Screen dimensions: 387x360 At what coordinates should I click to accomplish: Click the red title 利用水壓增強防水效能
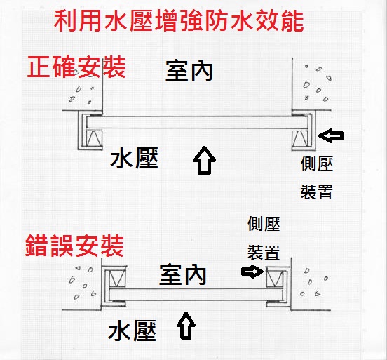pyautogui.click(x=179, y=21)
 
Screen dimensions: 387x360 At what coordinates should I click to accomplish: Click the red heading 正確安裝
pyautogui.click(x=76, y=67)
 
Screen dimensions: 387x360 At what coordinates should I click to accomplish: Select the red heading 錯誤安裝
pyautogui.click(x=74, y=246)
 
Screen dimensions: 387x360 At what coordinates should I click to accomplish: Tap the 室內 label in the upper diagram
pyautogui.click(x=189, y=71)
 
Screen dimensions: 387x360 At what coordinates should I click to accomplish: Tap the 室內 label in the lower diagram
pyautogui.click(x=183, y=274)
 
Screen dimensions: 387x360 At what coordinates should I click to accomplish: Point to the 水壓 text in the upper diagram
pyautogui.click(x=135, y=158)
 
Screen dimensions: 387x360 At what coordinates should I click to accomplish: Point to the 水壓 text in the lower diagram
pyautogui.click(x=133, y=331)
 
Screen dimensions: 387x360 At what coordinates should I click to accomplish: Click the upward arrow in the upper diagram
pyautogui.click(x=204, y=160)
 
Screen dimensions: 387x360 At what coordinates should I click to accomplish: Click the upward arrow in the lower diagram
pyautogui.click(x=186, y=326)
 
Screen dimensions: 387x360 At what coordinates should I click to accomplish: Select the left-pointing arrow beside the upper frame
pyautogui.click(x=331, y=135)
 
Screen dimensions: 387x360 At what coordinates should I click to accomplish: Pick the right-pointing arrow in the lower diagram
pyautogui.click(x=252, y=272)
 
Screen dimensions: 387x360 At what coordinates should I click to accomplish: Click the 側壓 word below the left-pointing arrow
pyautogui.click(x=317, y=164)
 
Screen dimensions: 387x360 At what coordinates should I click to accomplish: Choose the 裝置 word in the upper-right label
pyautogui.click(x=317, y=192)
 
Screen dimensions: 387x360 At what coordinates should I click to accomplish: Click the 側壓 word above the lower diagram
pyautogui.click(x=264, y=224)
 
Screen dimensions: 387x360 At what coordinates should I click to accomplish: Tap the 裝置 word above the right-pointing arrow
pyautogui.click(x=264, y=252)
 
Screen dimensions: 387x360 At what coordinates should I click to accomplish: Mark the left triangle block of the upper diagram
pyautogui.click(x=94, y=138)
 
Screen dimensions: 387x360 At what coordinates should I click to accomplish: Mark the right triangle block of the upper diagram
pyautogui.click(x=300, y=138)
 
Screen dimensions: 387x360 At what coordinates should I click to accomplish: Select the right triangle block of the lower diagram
pyautogui.click(x=275, y=279)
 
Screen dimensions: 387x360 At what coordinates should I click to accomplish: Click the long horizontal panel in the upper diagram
pyautogui.click(x=197, y=122)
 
